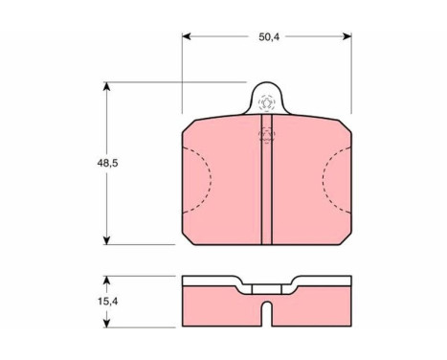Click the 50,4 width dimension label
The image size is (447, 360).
(x=269, y=37)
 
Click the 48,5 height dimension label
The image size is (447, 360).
(x=107, y=163)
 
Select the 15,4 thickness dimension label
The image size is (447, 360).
(x=107, y=301)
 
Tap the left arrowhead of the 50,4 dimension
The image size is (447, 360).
(x=187, y=36)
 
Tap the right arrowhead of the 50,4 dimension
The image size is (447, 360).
(x=347, y=36)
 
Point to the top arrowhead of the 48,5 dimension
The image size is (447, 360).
(x=107, y=86)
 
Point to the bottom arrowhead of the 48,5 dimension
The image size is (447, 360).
(x=107, y=240)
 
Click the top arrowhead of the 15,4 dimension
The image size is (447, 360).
(x=107, y=281)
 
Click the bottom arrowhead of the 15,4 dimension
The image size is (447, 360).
(x=107, y=323)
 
